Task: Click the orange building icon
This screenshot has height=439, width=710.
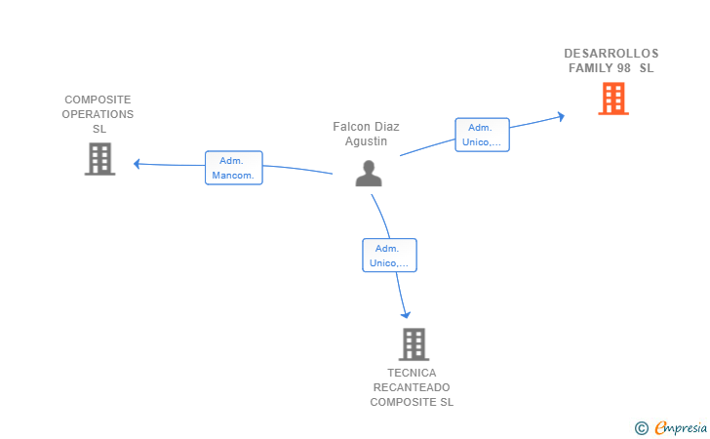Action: pyautogui.click(x=613, y=99)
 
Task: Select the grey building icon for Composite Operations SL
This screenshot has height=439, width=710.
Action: pyautogui.click(x=100, y=159)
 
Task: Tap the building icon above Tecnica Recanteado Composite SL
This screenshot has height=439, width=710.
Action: pyautogui.click(x=414, y=344)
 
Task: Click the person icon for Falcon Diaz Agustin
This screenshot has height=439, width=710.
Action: pyautogui.click(x=369, y=174)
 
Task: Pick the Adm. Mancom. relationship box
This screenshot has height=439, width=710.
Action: pyautogui.click(x=234, y=168)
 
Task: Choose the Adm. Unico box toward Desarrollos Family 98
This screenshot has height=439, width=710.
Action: pyautogui.click(x=482, y=135)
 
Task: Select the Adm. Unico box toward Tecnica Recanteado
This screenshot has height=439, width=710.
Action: pyautogui.click(x=389, y=255)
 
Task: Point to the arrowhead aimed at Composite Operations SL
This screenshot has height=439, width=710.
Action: pyautogui.click(x=137, y=164)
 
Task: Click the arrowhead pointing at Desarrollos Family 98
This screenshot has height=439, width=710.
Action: pyautogui.click(x=562, y=116)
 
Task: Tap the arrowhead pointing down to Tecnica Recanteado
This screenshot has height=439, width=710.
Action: pyautogui.click(x=406, y=314)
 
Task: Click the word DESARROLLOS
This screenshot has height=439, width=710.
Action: pyautogui.click(x=611, y=54)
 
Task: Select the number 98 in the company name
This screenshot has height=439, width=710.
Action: pyautogui.click(x=623, y=68)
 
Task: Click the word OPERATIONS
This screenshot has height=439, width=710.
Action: pyautogui.click(x=98, y=114)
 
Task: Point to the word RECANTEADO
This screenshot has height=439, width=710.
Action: pyautogui.click(x=412, y=387)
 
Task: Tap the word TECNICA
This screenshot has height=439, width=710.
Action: pyautogui.click(x=412, y=373)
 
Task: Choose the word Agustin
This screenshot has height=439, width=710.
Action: pyautogui.click(x=366, y=141)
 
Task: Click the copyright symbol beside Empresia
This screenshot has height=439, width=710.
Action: pyautogui.click(x=642, y=428)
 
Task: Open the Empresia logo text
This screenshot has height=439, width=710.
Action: pyautogui.click(x=681, y=427)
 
